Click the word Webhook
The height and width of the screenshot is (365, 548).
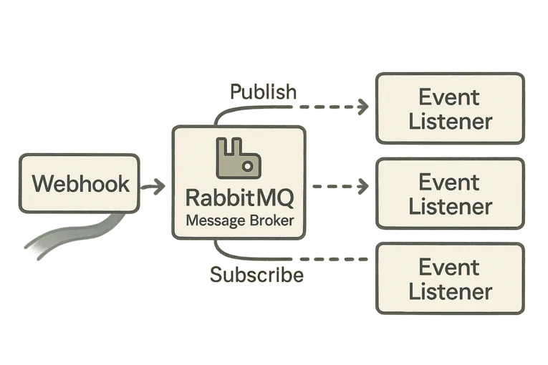click(x=81, y=184)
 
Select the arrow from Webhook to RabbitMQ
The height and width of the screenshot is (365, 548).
click(x=152, y=187)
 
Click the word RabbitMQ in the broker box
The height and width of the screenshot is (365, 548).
click(x=239, y=197)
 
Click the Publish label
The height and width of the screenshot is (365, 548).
click(x=262, y=92)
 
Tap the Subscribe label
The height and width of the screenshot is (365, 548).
click(x=256, y=275)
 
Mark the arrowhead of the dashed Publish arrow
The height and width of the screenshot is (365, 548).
click(x=366, y=107)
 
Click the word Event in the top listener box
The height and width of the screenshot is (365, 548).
click(x=449, y=97)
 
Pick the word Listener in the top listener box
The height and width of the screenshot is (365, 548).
click(x=451, y=121)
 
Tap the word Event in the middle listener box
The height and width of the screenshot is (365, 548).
click(x=449, y=182)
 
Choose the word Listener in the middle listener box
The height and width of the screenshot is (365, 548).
click(x=451, y=206)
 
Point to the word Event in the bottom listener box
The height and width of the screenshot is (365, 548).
click(x=449, y=268)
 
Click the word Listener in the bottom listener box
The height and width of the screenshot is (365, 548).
click(x=451, y=291)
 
